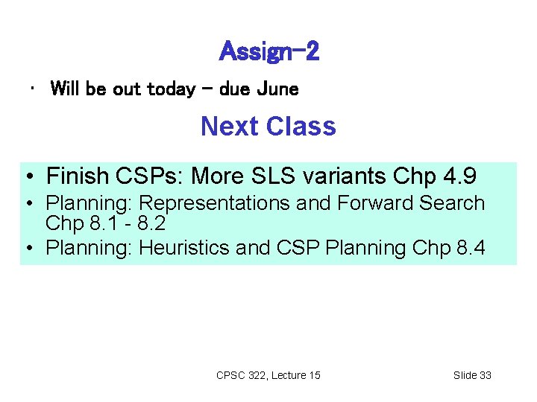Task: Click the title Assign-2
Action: pos(269,51)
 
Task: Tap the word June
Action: pos(277,89)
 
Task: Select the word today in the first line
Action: pos(172,89)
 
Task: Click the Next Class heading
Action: pos(268,127)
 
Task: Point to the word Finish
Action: pos(78,176)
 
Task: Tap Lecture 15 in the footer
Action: pos(295,375)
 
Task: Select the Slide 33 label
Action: pos(472,375)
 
